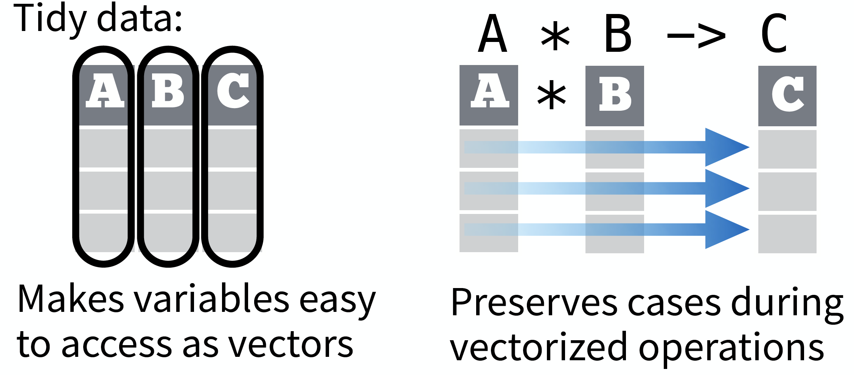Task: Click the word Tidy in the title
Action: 49,19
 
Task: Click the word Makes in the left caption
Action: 70,299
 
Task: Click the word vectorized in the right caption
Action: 539,347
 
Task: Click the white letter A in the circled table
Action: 105,91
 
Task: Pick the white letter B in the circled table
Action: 168,91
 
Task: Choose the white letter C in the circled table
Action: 233,91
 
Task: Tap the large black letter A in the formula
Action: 492,34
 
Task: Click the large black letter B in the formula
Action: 618,34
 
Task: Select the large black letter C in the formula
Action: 774,34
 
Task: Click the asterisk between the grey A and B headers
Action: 552,95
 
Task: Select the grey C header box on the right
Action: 787,96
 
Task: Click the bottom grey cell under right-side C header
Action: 787,234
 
